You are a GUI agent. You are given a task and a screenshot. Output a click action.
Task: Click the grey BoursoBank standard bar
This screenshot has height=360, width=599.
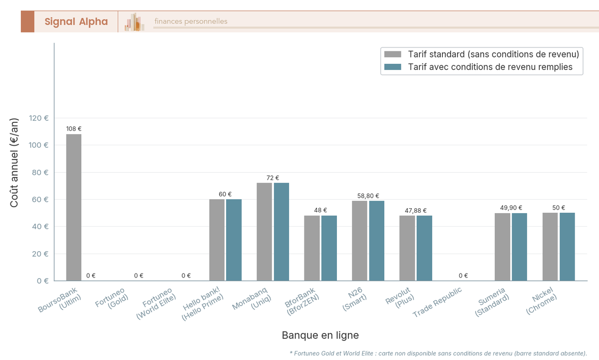tap(74, 207)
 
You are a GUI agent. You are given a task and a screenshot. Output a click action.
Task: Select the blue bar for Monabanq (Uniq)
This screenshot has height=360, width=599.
tap(282, 232)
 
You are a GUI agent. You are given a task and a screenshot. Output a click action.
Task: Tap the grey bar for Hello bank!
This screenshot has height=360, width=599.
tap(217, 240)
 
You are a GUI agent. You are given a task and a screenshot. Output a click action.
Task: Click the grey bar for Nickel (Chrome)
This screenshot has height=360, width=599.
tap(550, 247)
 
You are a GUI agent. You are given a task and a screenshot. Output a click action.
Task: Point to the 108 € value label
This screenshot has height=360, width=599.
tap(74, 129)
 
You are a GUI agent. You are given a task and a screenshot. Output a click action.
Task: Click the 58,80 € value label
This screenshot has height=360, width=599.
tap(368, 196)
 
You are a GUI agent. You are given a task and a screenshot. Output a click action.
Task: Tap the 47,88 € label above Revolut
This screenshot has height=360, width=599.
tap(416, 211)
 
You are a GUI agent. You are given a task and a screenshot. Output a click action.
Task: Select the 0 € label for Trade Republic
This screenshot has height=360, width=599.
tap(463, 276)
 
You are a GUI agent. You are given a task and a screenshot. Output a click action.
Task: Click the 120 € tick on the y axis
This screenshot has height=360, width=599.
tap(39, 118)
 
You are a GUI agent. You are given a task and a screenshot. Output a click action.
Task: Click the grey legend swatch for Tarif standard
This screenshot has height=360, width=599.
tap(392, 54)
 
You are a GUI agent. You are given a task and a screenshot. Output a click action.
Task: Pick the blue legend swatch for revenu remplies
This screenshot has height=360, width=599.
tap(392, 67)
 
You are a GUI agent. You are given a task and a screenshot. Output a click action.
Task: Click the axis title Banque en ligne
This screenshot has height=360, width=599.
tap(320, 335)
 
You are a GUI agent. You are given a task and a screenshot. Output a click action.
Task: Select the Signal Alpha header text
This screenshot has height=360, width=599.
tap(76, 21)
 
